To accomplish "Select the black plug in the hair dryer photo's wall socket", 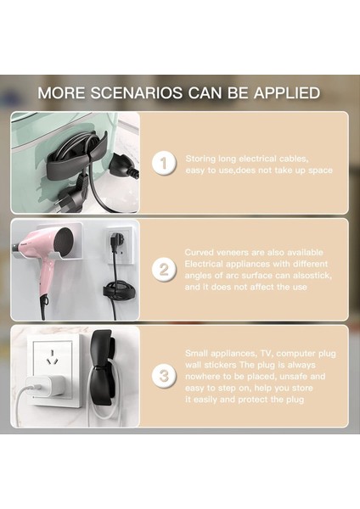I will click(111, 243).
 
